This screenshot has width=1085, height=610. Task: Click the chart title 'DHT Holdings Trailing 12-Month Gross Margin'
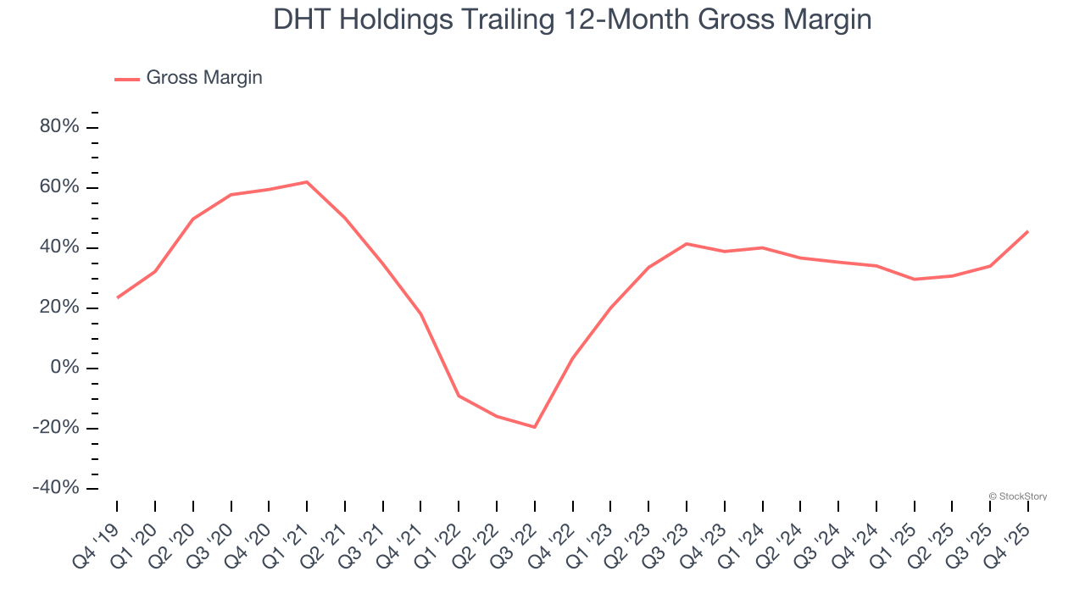tap(572, 19)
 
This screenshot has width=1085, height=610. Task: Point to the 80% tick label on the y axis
tap(59, 127)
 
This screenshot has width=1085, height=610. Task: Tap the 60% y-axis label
tap(59, 187)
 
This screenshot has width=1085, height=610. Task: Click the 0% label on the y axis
tap(65, 368)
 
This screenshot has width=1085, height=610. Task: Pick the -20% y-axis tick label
tap(56, 428)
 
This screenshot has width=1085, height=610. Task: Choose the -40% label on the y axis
tap(56, 488)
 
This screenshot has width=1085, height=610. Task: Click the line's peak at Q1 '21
tap(307, 182)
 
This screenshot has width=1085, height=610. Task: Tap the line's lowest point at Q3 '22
tap(535, 427)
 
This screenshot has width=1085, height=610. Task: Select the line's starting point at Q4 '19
tap(117, 297)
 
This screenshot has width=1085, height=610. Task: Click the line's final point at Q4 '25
tap(1028, 231)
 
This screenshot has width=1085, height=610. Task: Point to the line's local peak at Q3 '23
tap(687, 244)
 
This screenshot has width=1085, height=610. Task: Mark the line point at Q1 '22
tap(459, 396)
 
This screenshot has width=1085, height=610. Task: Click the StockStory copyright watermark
tap(1018, 496)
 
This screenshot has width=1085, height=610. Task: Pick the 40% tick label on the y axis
tap(59, 247)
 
